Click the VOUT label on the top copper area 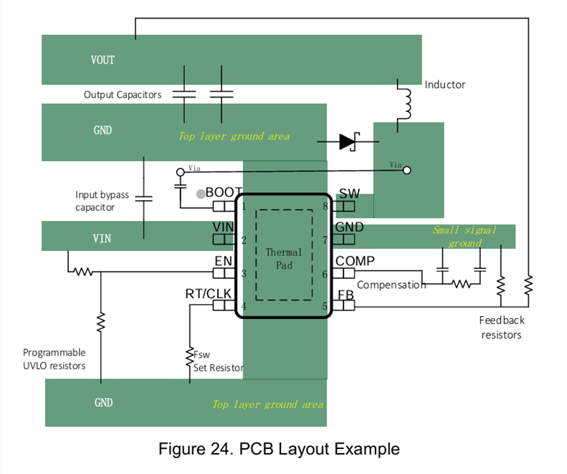(x=103, y=60)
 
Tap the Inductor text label (x=444, y=85)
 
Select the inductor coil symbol (x=406, y=103)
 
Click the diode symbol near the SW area (x=348, y=142)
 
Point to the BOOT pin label (x=224, y=193)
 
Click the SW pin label (x=349, y=194)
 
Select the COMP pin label (x=355, y=262)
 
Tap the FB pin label (x=346, y=295)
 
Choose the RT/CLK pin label (x=209, y=293)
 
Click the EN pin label (x=223, y=261)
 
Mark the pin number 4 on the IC (x=244, y=306)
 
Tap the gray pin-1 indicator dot (x=201, y=194)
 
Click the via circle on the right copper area (x=407, y=171)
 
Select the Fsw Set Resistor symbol (x=189, y=354)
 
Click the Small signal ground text (x=464, y=237)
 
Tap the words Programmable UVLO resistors (x=54, y=359)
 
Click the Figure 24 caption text (x=278, y=450)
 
